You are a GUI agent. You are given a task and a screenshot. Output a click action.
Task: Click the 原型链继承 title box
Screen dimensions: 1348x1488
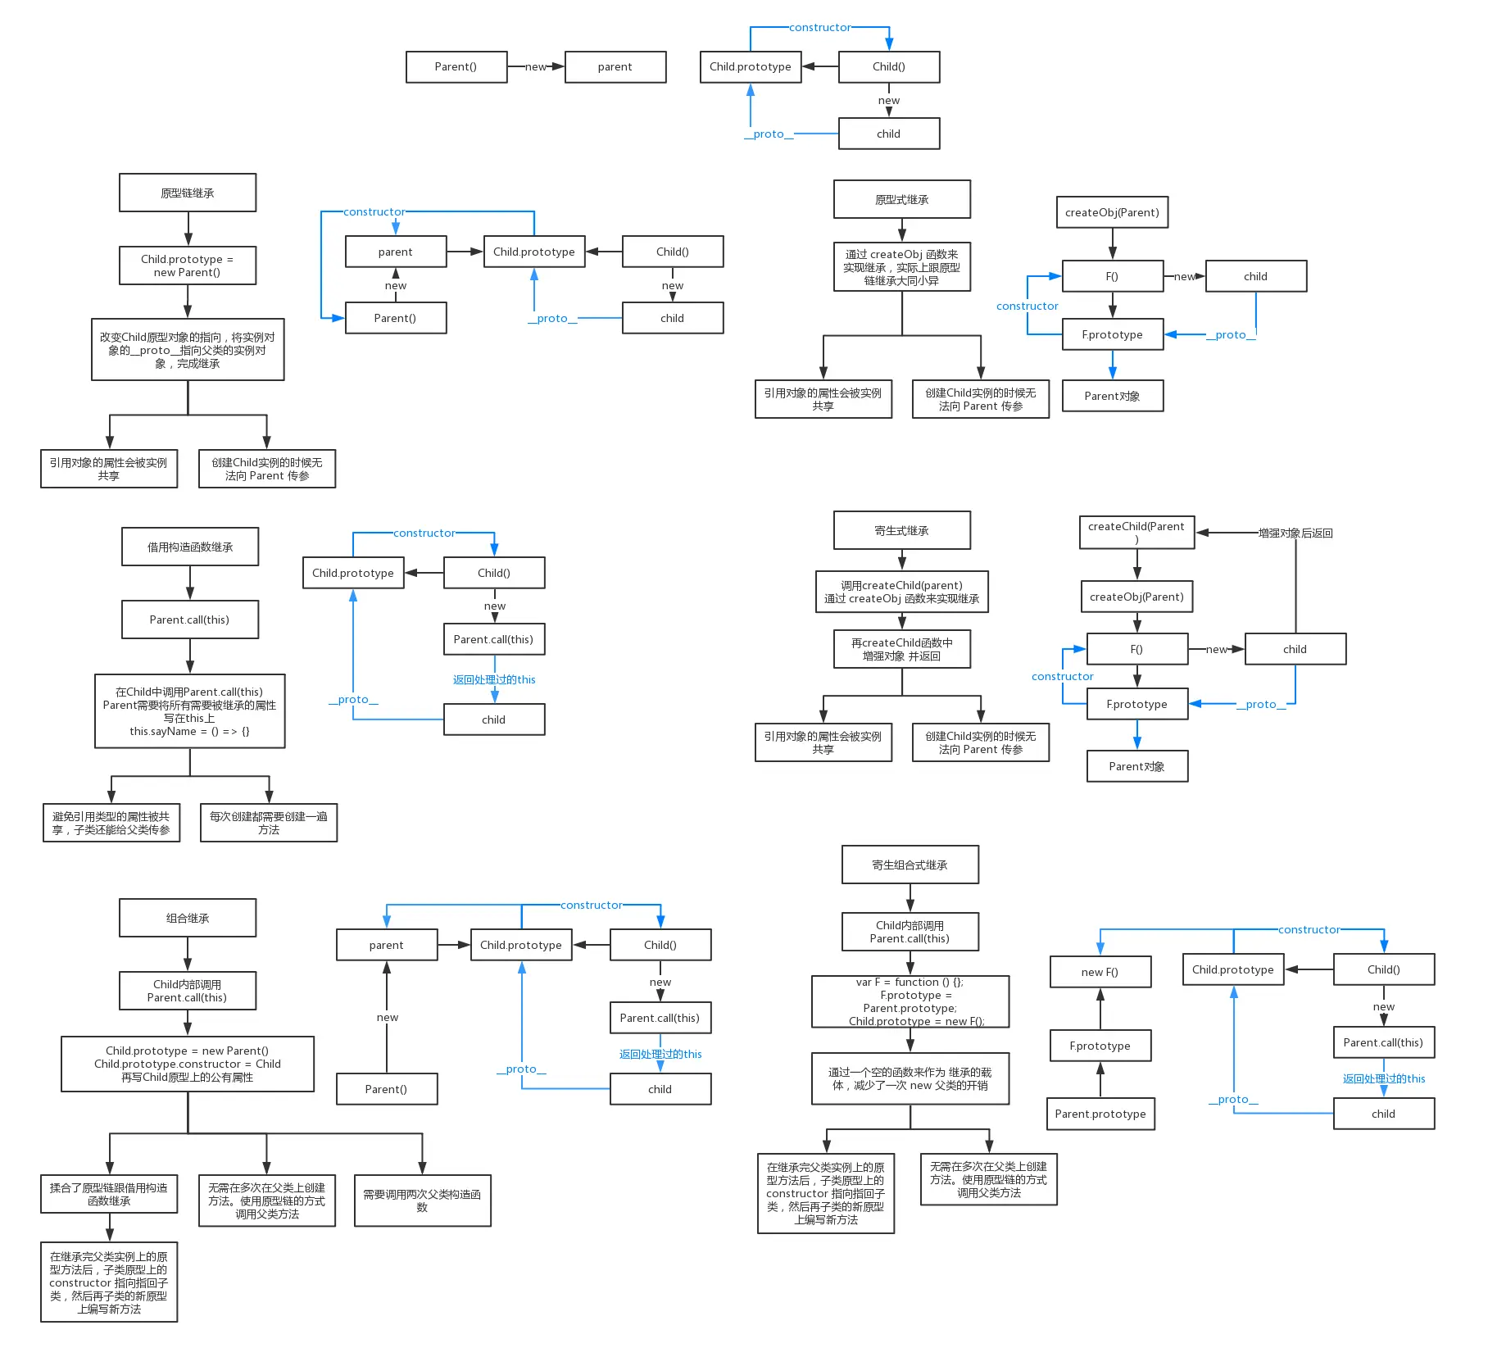pos(188,193)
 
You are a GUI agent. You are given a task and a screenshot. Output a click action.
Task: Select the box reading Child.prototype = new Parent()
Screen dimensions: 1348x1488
pos(188,266)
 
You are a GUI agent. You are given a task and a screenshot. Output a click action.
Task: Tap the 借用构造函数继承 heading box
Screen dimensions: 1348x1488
pos(190,547)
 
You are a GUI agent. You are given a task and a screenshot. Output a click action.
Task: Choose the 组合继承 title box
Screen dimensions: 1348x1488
pos(188,918)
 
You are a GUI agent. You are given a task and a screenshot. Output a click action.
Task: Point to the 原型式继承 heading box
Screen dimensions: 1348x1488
pos(901,199)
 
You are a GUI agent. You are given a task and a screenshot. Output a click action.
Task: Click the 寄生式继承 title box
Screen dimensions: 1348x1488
pos(901,530)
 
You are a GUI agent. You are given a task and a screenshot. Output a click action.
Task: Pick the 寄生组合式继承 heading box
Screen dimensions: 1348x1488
pos(910,865)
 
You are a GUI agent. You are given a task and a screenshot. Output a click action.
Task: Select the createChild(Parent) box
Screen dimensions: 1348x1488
pos(1136,532)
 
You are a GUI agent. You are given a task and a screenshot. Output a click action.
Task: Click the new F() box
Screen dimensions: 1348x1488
pos(1100,972)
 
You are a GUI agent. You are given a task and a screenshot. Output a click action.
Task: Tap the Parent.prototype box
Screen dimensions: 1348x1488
pos(1100,1114)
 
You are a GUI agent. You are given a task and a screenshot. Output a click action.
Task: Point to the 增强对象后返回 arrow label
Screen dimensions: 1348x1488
pos(1295,533)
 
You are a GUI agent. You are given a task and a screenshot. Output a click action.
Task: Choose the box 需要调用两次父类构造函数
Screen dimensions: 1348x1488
pos(422,1200)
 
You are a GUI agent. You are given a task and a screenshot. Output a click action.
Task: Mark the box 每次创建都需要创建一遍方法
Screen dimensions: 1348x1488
pos(269,823)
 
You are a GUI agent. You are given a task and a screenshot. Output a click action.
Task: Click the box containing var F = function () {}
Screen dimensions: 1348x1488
pos(910,1001)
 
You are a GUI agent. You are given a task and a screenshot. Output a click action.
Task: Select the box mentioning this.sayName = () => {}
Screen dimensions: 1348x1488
pos(190,711)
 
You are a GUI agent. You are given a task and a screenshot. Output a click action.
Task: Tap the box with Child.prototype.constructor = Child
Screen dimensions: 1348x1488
pos(188,1064)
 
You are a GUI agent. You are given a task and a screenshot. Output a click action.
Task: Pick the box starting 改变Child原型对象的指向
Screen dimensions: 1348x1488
pos(188,350)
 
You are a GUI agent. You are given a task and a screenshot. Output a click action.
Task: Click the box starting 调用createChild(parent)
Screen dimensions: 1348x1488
pos(901,592)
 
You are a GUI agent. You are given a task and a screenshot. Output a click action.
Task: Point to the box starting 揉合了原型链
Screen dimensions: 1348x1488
pos(109,1194)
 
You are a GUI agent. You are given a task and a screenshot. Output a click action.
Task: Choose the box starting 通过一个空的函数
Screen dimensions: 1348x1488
pos(910,1078)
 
